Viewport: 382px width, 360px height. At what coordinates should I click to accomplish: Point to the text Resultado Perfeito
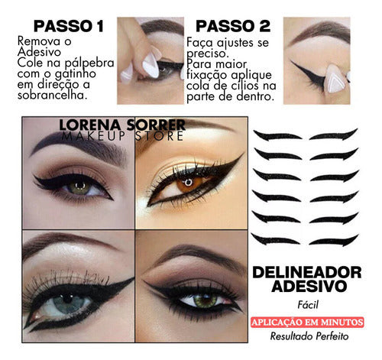[312, 336]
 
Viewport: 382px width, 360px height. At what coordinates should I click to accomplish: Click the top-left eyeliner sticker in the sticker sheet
[278, 135]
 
